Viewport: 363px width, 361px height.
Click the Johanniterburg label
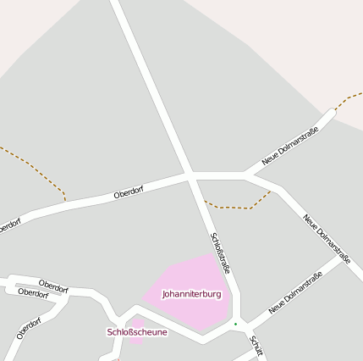click(191, 294)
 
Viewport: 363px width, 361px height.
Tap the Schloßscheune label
click(137, 331)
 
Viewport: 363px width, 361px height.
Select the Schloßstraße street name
click(220, 253)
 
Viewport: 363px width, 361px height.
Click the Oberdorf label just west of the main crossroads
click(129, 193)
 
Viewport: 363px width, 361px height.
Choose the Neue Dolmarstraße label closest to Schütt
click(295, 293)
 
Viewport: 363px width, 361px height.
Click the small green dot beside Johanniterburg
click(235, 324)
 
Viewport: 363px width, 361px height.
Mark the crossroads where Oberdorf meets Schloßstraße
click(190, 175)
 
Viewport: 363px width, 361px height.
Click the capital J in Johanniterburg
click(164, 294)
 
